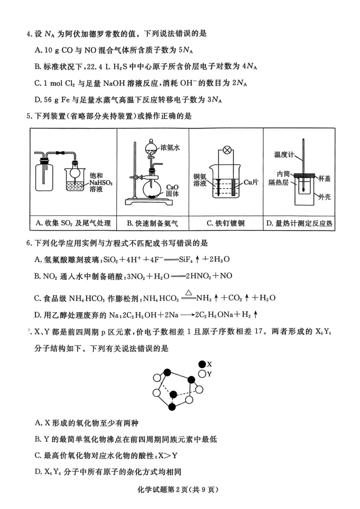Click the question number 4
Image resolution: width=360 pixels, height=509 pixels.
click(28, 34)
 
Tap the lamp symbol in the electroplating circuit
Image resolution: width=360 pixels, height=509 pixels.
click(227, 150)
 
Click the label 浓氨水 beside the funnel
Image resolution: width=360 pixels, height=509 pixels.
click(170, 148)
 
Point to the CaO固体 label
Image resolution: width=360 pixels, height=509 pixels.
click(172, 190)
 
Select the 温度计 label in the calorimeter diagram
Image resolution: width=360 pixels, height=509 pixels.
click(284, 155)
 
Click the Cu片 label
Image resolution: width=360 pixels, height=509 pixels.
click(250, 182)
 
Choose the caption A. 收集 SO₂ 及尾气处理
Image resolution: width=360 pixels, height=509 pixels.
click(74, 223)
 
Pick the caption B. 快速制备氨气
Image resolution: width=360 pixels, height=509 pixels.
click(152, 223)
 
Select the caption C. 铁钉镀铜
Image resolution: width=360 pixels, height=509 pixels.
click(225, 223)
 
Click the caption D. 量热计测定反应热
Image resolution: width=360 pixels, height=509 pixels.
click(299, 223)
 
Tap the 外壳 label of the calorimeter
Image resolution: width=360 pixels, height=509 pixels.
click(324, 197)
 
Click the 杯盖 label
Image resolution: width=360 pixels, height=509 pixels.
click(324, 179)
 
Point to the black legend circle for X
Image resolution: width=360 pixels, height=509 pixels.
click(202, 364)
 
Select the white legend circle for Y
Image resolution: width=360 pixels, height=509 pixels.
click(202, 374)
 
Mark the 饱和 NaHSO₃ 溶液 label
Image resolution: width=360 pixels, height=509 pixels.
click(101, 182)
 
